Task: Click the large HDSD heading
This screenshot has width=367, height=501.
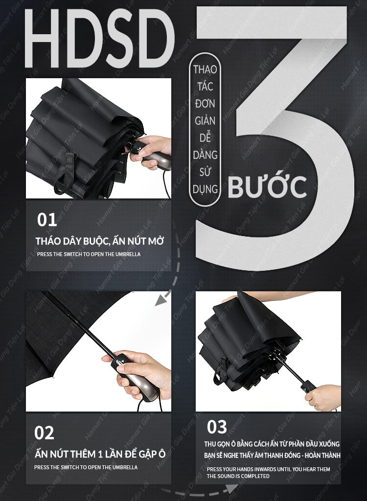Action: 99,38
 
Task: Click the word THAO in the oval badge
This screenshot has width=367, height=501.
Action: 205,69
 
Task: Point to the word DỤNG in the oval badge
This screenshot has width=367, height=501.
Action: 205,189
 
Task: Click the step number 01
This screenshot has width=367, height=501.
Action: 47,220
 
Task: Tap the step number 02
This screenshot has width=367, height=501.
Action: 44,433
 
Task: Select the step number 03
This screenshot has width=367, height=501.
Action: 217,427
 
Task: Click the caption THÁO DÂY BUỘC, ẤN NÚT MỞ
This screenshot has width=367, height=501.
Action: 99,241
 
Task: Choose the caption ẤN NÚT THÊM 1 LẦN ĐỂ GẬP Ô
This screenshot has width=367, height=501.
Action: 100,454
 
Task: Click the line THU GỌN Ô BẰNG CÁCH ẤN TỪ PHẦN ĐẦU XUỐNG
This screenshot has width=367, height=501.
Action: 272,444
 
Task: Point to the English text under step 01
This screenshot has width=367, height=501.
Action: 89,254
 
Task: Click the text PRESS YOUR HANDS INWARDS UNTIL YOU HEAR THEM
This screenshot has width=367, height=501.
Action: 269,469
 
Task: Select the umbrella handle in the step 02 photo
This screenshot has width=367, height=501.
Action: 136,377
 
